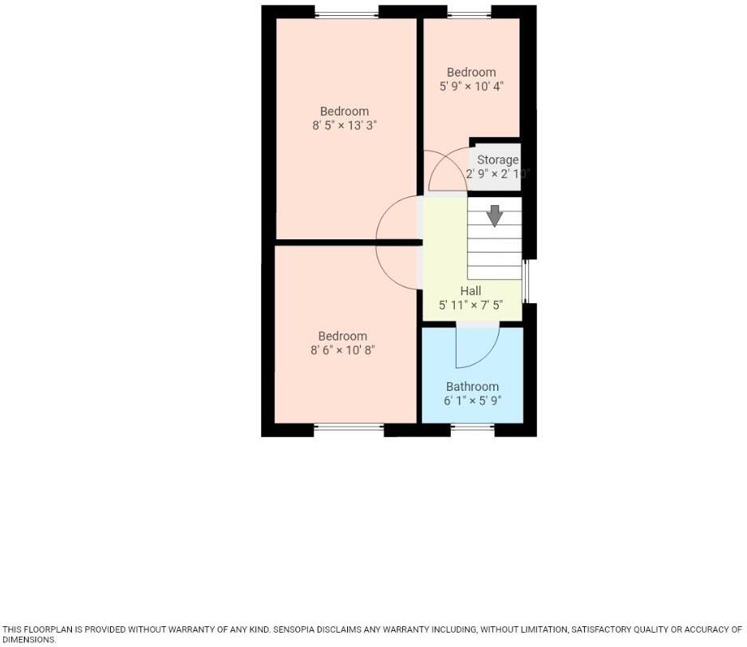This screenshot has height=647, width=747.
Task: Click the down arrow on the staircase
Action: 494,215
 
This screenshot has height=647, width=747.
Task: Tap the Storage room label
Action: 497,160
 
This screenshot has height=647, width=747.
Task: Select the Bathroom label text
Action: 472,387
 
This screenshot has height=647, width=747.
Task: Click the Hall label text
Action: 470,291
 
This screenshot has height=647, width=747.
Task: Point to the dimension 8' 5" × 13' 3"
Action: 344,125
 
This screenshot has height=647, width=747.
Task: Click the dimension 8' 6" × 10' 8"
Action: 342,350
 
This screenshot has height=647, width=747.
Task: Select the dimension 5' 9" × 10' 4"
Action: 471,86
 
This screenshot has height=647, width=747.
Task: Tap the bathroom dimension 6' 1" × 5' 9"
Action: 472,401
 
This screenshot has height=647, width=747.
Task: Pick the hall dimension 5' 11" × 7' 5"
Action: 470,306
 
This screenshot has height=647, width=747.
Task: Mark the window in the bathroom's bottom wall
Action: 472,428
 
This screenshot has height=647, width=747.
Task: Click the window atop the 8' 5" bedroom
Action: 346,13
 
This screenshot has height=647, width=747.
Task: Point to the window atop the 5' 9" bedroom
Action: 468,13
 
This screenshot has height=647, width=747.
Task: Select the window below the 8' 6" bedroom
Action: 349,428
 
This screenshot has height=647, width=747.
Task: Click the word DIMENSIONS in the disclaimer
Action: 28,640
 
